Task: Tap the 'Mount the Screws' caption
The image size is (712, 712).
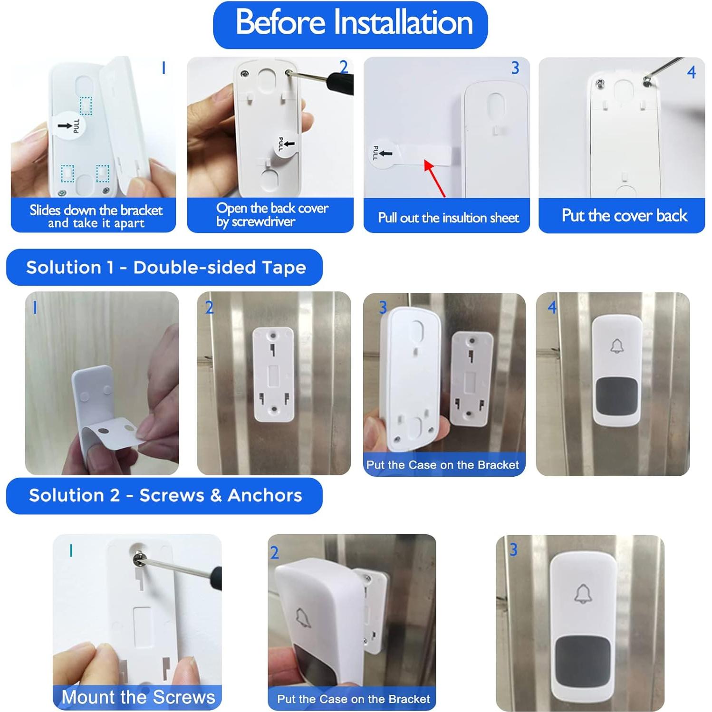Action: [x=138, y=697]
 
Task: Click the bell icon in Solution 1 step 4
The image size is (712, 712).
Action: [x=617, y=346]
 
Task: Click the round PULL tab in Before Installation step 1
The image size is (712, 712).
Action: [x=69, y=126]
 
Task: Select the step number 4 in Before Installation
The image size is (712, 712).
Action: [x=691, y=72]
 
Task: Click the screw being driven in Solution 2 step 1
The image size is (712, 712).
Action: [x=139, y=557]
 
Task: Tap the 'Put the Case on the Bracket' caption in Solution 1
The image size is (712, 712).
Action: [x=443, y=464]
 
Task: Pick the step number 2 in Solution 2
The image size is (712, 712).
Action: [x=275, y=552]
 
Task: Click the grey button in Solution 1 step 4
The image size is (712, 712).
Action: [x=616, y=396]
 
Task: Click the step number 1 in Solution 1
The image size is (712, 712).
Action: [x=35, y=308]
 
